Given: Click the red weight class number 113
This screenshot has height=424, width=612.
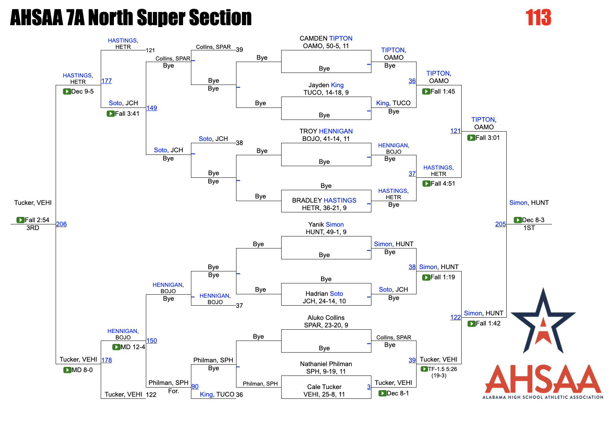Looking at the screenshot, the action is point(538,18).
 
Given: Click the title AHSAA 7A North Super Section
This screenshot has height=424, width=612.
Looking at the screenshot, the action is point(131,18).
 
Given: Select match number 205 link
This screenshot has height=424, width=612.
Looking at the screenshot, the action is point(500,224).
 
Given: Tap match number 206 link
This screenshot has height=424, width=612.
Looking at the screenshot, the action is point(61,224).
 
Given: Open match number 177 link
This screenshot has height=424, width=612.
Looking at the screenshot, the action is point(106,81).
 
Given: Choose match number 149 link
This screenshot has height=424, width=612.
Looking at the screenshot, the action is point(151,108).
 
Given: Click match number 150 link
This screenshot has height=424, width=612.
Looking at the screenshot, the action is point(151,341).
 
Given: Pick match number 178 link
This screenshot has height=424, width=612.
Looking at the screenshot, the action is point(106,360).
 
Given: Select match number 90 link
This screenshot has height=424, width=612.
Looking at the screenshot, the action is point(195,386).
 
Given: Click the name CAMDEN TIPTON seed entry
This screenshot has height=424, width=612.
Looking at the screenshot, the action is point(326,38).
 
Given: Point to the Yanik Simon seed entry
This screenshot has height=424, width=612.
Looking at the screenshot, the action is point(326,224).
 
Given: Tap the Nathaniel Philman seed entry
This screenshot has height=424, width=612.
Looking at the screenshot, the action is point(326,364).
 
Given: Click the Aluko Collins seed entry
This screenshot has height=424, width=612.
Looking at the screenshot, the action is point(326,318).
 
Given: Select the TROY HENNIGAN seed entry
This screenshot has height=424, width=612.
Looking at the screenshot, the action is point(326,131).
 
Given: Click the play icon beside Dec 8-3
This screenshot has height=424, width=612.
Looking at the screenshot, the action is point(518,220).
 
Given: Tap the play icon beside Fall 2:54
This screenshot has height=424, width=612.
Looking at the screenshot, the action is point(20,220).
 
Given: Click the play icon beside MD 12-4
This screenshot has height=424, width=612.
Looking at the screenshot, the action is point(116,347).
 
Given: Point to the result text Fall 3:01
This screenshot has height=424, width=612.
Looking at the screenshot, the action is point(488,138).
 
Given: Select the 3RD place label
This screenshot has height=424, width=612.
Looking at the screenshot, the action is point(33,228).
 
